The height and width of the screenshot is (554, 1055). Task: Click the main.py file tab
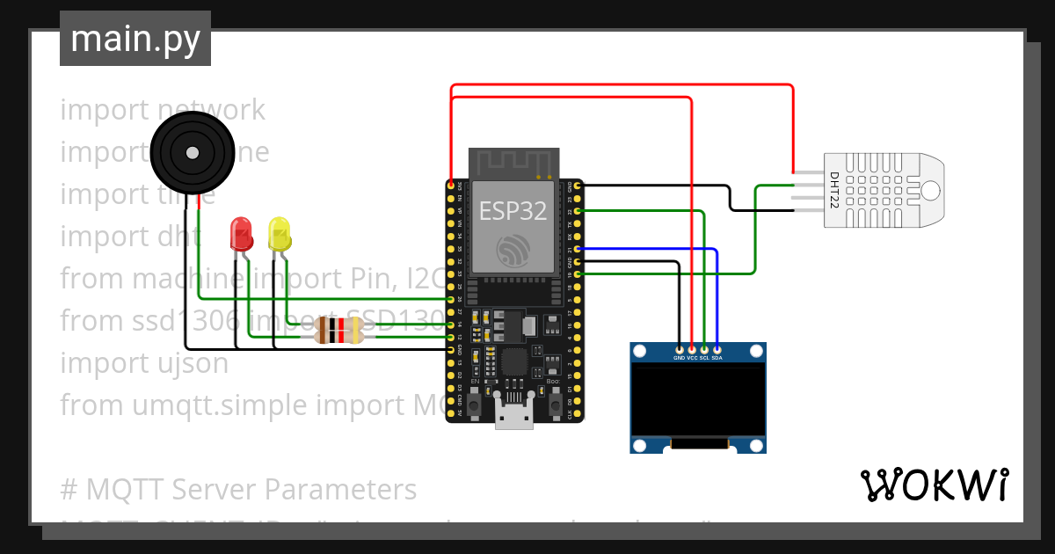pyautogui.click(x=135, y=39)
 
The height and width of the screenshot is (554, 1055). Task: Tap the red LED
pyautogui.click(x=240, y=234)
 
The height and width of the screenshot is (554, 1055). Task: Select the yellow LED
pyautogui.click(x=280, y=234)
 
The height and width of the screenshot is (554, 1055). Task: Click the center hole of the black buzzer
pyautogui.click(x=191, y=151)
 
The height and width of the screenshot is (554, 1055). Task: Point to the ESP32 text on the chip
pyautogui.click(x=513, y=211)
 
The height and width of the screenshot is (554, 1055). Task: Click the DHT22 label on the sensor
pyautogui.click(x=834, y=190)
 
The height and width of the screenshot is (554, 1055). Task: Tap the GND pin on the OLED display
pyautogui.click(x=679, y=350)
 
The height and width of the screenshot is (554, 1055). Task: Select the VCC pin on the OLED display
pyautogui.click(x=692, y=350)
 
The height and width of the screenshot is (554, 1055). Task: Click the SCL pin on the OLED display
pyautogui.click(x=704, y=350)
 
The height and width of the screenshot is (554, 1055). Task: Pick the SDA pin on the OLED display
pyautogui.click(x=717, y=350)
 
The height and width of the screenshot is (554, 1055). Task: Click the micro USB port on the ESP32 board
pyautogui.click(x=513, y=415)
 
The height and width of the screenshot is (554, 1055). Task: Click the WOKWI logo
pyautogui.click(x=934, y=485)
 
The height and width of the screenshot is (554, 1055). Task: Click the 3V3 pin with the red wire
pyautogui.click(x=452, y=186)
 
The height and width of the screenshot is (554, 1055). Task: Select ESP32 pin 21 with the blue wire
pyautogui.click(x=576, y=249)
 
